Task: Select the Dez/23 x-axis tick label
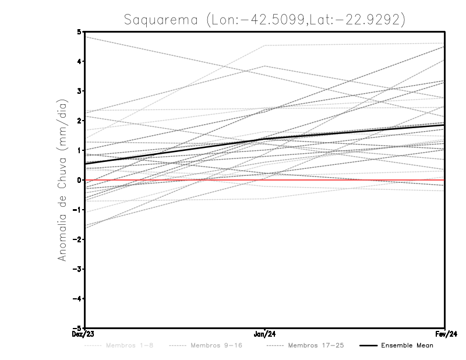point(84,334)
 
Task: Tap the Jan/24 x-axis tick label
point(265,334)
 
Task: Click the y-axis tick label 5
point(79,32)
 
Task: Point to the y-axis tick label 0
point(79,180)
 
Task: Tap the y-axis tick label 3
point(79,91)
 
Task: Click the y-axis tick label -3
point(77,269)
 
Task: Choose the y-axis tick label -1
point(77,210)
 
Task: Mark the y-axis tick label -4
point(77,298)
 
